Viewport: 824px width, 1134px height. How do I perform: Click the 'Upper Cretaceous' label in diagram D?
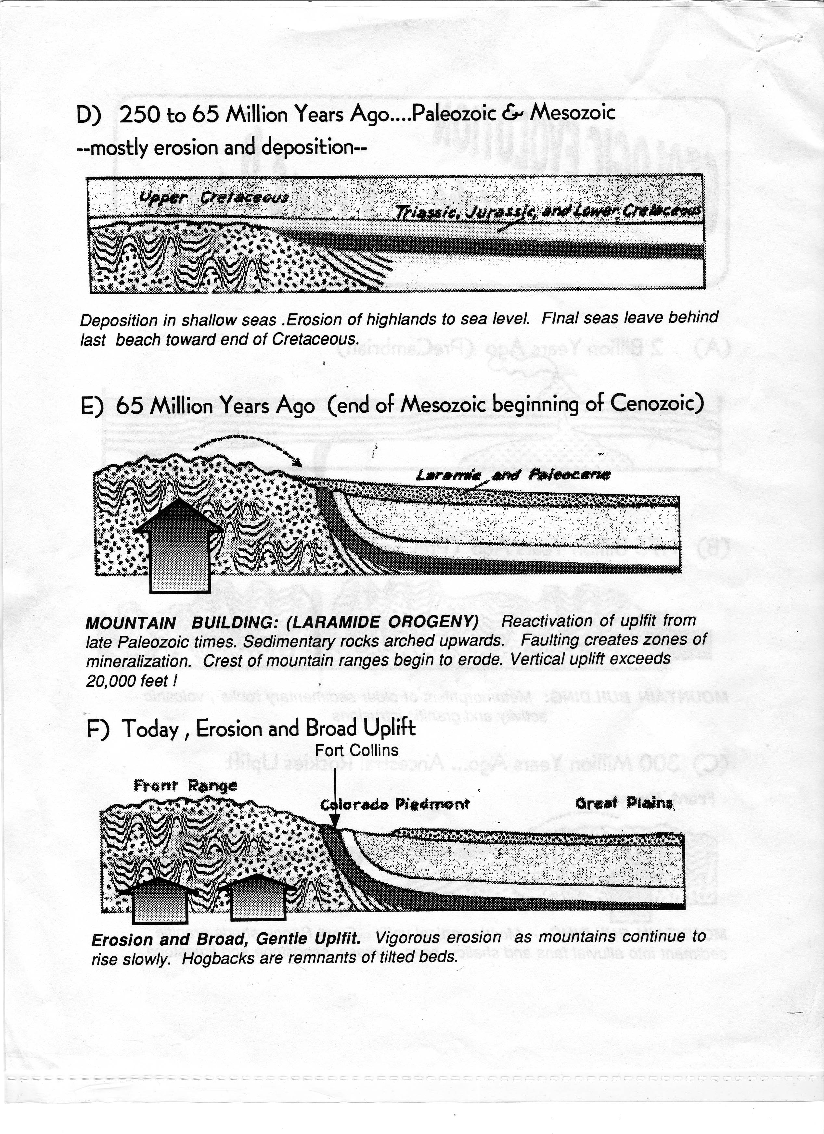pyautogui.click(x=214, y=197)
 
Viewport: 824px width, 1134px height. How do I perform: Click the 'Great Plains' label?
pyautogui.click(x=624, y=803)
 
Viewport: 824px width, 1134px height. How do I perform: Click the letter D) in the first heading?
pyautogui.click(x=89, y=116)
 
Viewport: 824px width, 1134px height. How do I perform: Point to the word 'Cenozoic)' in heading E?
pyautogui.click(x=657, y=402)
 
